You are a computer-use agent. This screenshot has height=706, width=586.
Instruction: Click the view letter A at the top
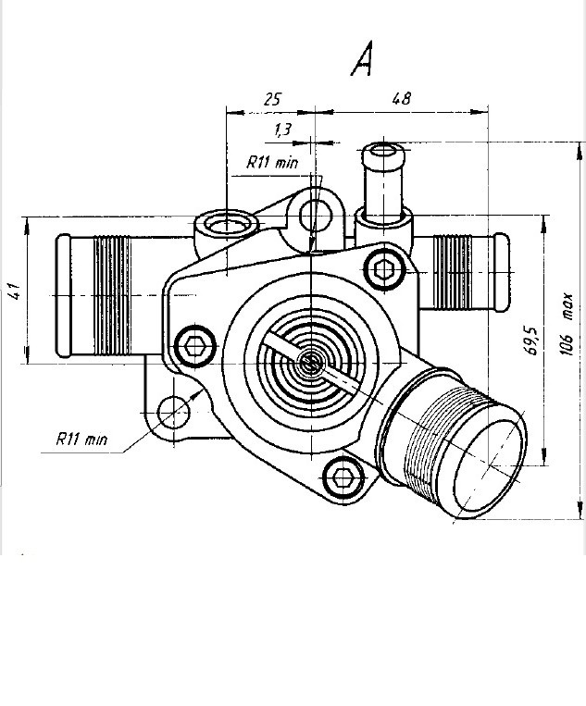[362, 58]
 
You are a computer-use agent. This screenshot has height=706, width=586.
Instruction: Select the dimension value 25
[272, 99]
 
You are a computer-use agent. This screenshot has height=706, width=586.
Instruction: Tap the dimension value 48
[402, 99]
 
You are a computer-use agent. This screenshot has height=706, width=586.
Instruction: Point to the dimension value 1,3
[283, 130]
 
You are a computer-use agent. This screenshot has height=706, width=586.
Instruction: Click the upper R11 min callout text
[272, 162]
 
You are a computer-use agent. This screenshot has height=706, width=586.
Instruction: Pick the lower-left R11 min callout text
[81, 439]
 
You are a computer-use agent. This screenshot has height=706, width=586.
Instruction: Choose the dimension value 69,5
[532, 341]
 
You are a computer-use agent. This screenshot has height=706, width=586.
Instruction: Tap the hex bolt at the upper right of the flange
[384, 269]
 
